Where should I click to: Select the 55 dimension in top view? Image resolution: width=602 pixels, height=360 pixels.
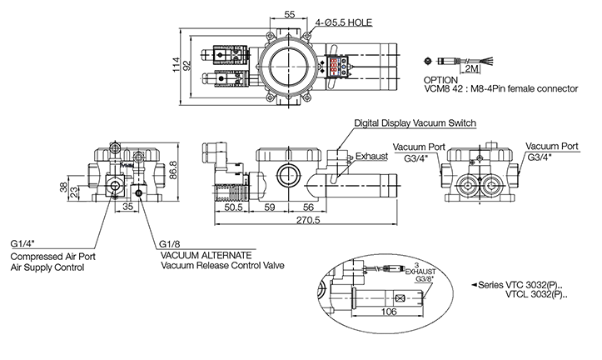[x=290, y=14]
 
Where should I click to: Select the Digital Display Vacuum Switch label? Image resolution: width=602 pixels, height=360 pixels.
[x=415, y=123]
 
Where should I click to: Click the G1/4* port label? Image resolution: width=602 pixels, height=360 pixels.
[x=23, y=242]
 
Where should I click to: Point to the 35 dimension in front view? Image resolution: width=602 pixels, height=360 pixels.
[x=127, y=204]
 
